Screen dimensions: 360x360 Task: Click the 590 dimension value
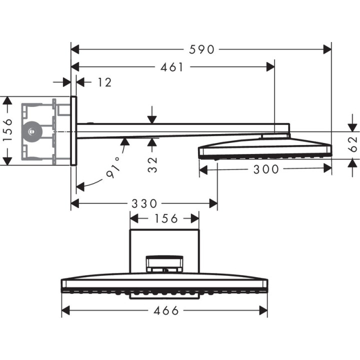[x=202, y=49]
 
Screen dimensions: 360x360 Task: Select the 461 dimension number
[x=173, y=67]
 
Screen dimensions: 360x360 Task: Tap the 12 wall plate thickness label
[x=104, y=82]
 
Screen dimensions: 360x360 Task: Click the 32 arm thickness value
[x=152, y=163]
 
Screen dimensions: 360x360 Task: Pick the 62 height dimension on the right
[x=352, y=143]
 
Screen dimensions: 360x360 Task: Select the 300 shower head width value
[x=265, y=169]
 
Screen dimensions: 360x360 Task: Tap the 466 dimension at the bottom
[x=166, y=310]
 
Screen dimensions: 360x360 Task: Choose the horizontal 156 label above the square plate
[x=165, y=218]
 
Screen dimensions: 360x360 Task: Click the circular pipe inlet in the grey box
[x=33, y=131]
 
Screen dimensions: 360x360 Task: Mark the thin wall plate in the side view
[x=73, y=130]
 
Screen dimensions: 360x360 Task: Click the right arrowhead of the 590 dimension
[x=327, y=49]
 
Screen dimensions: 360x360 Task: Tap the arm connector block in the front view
[x=164, y=263]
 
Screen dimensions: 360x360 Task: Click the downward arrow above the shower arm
[x=152, y=118]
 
